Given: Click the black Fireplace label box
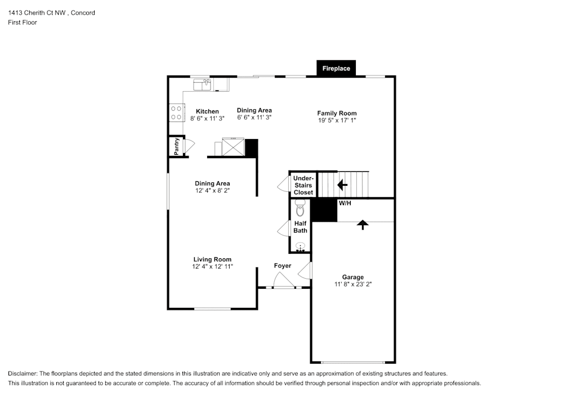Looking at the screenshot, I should pyautogui.click(x=336, y=68).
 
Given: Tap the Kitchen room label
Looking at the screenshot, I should pyautogui.click(x=207, y=111).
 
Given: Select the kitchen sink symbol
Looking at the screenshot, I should pyautogui.click(x=202, y=84).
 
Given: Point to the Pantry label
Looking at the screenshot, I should pyautogui.click(x=177, y=146).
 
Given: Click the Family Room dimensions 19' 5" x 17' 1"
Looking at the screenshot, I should pyautogui.click(x=337, y=120).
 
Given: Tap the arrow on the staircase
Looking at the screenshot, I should pyautogui.click(x=342, y=184).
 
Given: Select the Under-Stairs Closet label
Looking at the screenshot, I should pyautogui.click(x=303, y=185).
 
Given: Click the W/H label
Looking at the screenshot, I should pyautogui.click(x=345, y=203).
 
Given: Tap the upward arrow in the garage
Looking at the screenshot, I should pyautogui.click(x=363, y=225).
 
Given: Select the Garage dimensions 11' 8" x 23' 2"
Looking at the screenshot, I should pyautogui.click(x=352, y=284).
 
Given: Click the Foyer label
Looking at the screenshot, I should pyautogui.click(x=282, y=266).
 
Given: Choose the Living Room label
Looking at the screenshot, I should pyautogui.click(x=212, y=260).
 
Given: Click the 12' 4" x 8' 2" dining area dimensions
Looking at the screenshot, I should pyautogui.click(x=212, y=191).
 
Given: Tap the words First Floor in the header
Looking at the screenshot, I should pyautogui.click(x=23, y=23).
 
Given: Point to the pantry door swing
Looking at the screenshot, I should pyautogui.click(x=189, y=145).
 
